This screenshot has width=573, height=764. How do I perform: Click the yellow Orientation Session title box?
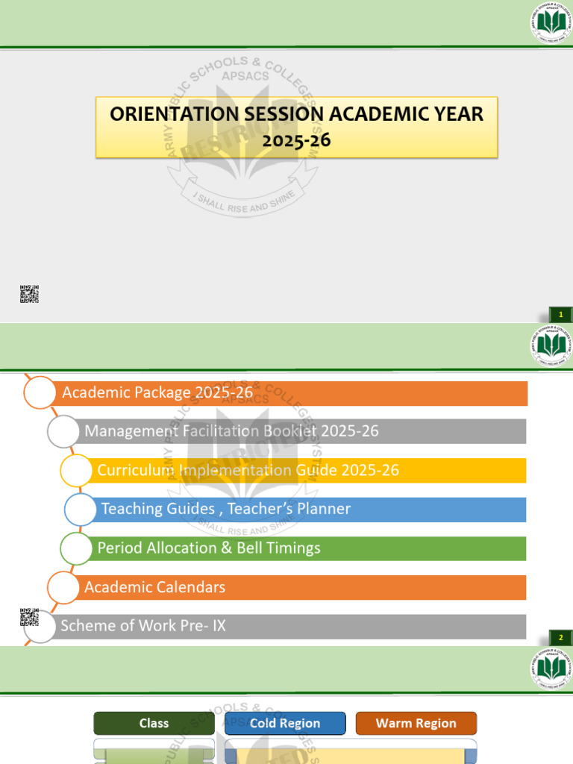[x=296, y=126]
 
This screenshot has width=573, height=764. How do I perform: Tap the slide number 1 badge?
[x=560, y=315]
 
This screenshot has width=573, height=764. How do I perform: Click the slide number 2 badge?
[x=560, y=637]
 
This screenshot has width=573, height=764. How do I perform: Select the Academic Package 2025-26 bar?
[x=291, y=393]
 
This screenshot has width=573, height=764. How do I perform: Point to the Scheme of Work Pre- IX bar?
[x=291, y=626]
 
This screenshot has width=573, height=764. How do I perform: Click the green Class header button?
[x=154, y=723]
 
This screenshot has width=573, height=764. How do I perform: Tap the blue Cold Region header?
[x=285, y=723]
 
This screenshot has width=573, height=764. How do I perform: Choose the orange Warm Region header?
[x=416, y=723]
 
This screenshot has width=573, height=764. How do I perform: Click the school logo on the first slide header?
[x=551, y=23]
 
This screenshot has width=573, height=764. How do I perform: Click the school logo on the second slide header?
[x=551, y=345]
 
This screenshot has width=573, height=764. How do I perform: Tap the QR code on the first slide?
[x=29, y=294]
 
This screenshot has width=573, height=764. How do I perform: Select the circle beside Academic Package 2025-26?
[x=40, y=392]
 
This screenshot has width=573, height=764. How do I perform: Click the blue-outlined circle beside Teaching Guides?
[x=81, y=510]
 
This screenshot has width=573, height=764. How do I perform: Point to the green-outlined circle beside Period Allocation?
[x=77, y=548]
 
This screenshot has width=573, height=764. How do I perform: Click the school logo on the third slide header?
[x=551, y=668]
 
